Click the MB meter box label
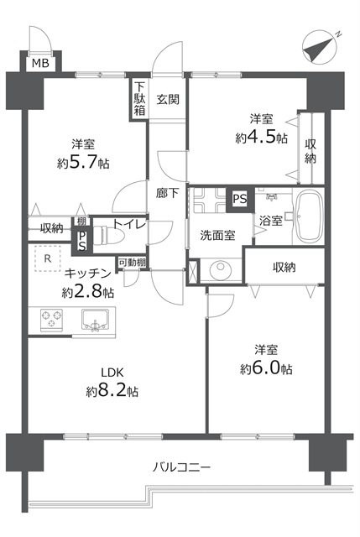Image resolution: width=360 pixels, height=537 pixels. pyautogui.click(x=40, y=64)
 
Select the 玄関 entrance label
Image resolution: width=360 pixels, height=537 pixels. pyautogui.click(x=168, y=99)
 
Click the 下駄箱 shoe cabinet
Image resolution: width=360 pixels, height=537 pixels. pyautogui.click(x=139, y=98)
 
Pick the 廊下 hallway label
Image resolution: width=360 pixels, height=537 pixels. pyautogui.click(x=168, y=193)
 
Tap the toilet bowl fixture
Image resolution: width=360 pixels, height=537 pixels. pyautogui.click(x=108, y=235)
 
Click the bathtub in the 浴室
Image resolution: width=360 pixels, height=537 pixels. pyautogui.click(x=310, y=216)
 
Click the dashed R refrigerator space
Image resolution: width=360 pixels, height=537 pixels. pyautogui.click(x=48, y=258)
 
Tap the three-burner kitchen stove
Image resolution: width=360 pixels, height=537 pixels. pyautogui.click(x=52, y=320)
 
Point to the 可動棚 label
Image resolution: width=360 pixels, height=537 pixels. pyautogui.click(x=132, y=263)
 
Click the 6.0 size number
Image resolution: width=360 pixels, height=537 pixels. pyautogui.click(x=267, y=369)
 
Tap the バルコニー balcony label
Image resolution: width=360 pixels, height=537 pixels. pyautogui.click(x=181, y=467)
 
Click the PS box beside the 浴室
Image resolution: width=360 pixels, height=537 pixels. pyautogui.click(x=240, y=200)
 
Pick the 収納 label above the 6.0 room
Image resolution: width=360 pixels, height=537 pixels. pyautogui.click(x=284, y=267)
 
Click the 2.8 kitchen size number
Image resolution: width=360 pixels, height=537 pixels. pyautogui.click(x=89, y=291)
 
